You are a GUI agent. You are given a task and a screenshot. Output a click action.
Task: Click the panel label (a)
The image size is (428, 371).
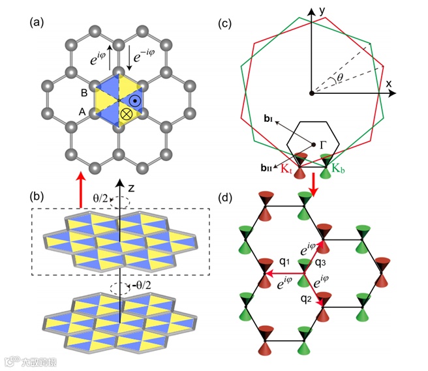coord(37,24)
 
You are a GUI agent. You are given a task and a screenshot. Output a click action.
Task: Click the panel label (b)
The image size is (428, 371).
coord(37,195)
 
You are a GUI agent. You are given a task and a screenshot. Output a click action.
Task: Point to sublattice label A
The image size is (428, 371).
coord(83,112)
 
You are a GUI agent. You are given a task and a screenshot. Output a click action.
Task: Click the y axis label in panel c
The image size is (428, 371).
coord(322,11)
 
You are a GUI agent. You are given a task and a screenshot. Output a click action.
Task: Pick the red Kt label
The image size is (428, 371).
coord(287,170)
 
